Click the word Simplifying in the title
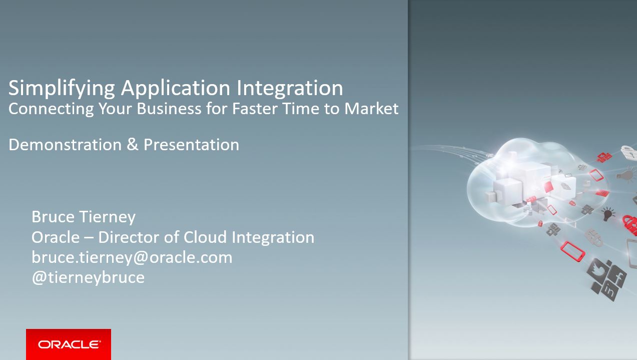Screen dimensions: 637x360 click(62, 89)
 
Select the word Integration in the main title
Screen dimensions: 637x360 click(290, 89)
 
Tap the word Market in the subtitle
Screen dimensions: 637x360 click(371, 109)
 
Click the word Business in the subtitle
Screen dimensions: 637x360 click(169, 109)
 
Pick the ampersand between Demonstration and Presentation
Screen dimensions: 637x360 click(133, 144)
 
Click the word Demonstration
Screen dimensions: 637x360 click(65, 145)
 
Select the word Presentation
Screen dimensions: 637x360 click(191, 145)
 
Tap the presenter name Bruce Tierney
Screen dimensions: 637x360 click(84, 217)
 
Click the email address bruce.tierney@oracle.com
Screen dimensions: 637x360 click(132, 258)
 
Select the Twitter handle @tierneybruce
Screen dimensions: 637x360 click(88, 278)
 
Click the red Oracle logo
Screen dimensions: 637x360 click(69, 344)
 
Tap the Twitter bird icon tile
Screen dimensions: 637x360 click(598, 271)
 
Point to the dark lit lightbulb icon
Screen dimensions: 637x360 click(607, 214)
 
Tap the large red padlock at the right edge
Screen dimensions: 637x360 click(629, 225)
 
